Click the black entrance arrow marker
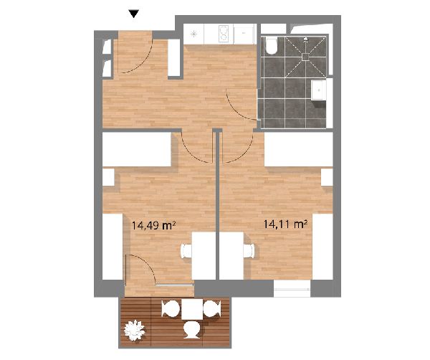pos(134,14)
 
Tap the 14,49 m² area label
pos(153,226)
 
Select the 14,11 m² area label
pos(285,224)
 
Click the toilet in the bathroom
pos(272,47)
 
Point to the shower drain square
pos(305,57)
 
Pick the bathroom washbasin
pos(319,90)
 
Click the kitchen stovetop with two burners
pos(226,34)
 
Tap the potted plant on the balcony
pos(134,330)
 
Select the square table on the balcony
pos(192,309)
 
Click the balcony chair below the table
pos(192,330)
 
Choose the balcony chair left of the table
pos(171,308)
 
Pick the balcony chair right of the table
pos(212,308)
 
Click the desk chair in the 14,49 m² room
pos(186,251)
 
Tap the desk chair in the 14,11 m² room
pos(249,251)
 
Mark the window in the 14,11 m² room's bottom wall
pos(292,289)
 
